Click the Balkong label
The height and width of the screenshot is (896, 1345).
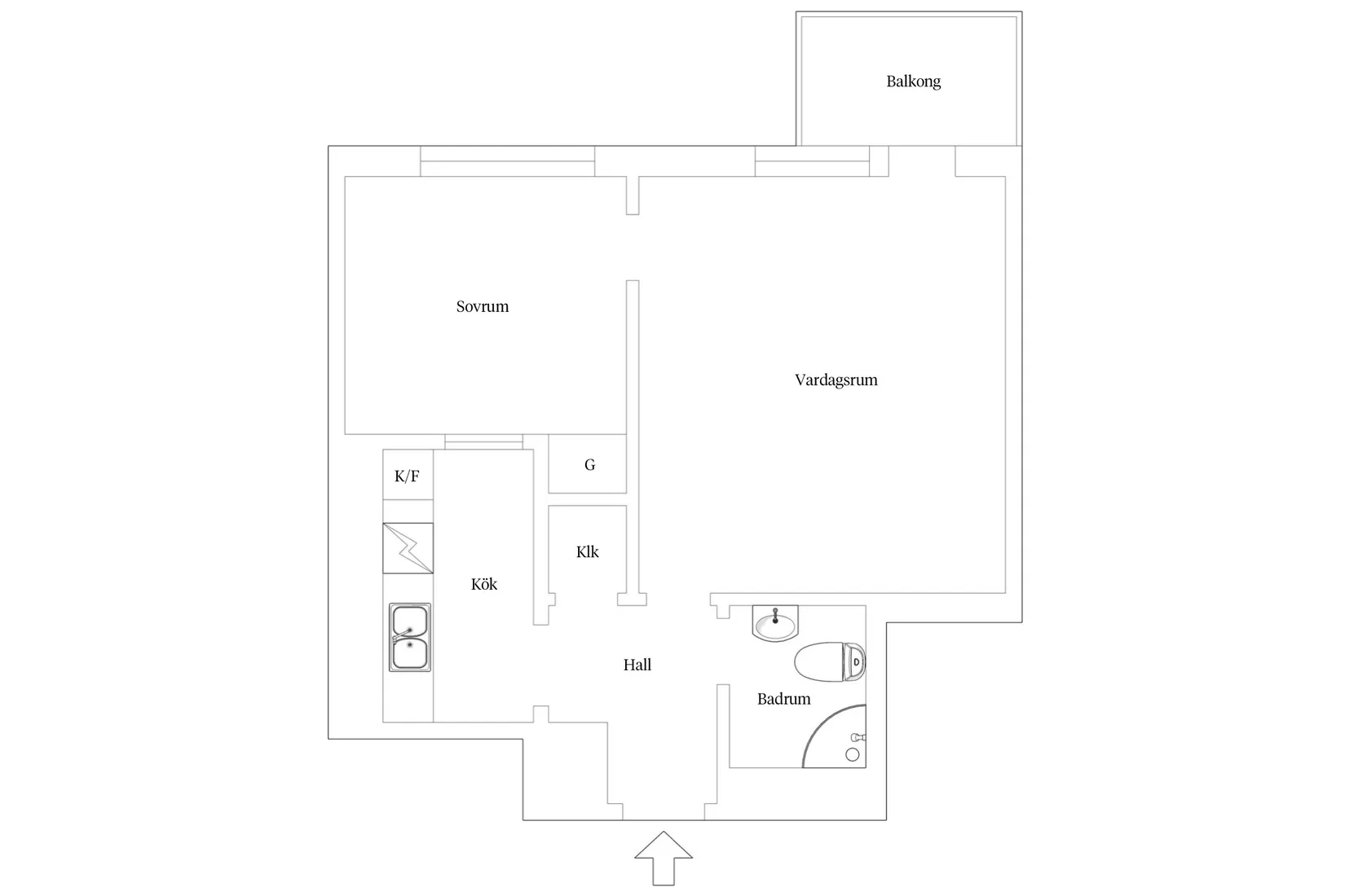[x=913, y=81]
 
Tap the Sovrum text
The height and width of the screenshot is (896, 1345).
[x=482, y=306]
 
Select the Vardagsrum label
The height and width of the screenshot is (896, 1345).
[x=836, y=380]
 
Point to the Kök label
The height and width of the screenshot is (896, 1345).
[x=484, y=584]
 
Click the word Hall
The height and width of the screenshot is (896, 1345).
[x=637, y=665]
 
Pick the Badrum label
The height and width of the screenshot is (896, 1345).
[x=783, y=699]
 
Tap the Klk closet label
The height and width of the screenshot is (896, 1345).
[x=587, y=551]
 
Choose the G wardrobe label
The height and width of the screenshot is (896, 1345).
[x=589, y=464]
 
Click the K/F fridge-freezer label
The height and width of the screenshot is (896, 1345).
[x=407, y=476]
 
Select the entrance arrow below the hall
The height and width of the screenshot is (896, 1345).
[x=664, y=858]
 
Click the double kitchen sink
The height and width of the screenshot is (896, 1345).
[x=409, y=637]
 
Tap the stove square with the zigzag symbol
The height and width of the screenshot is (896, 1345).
[x=408, y=548]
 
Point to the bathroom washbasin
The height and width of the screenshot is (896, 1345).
[x=775, y=623]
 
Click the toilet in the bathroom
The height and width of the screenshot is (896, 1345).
[x=830, y=661]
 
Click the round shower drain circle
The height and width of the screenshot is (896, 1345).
[x=853, y=755]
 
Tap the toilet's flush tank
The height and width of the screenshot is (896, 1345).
[x=854, y=661]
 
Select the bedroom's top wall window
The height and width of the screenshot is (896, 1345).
[x=507, y=161]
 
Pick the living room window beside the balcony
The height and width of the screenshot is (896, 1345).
[x=812, y=161]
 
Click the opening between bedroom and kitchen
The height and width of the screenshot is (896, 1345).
[x=484, y=441]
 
